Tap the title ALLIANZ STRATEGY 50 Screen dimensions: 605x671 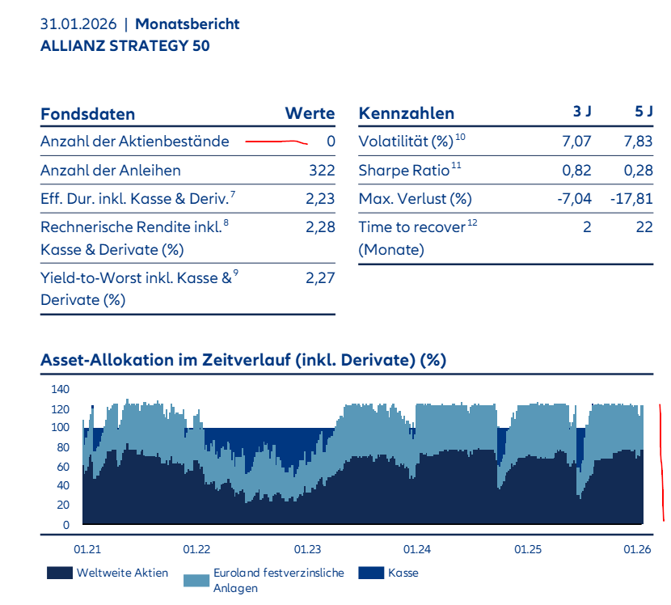[124, 46]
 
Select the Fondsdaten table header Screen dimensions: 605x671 [87, 114]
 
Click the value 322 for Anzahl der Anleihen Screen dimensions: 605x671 [322, 171]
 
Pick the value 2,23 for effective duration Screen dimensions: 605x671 [320, 198]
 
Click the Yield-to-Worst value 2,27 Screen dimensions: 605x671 [320, 278]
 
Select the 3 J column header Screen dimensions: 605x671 [582, 113]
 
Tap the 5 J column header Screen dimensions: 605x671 [644, 113]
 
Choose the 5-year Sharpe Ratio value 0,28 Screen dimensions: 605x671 [638, 171]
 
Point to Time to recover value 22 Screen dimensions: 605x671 [644, 227]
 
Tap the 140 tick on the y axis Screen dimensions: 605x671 [61, 389]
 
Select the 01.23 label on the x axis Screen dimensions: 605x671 [307, 549]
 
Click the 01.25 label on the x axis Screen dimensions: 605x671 [527, 549]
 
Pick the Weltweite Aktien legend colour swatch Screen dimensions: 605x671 [58, 573]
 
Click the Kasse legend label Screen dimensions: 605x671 [403, 573]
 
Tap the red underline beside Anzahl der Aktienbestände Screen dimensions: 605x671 [276, 142]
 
